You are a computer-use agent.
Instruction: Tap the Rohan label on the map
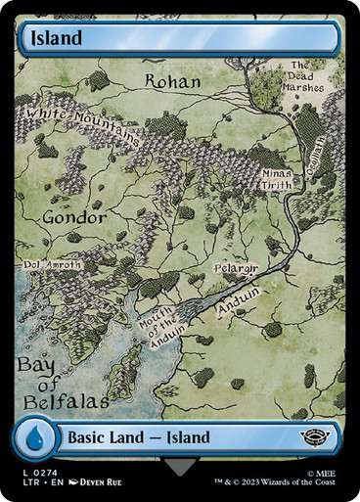[x=172, y=80]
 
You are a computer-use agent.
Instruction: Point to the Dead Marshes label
[x=305, y=75]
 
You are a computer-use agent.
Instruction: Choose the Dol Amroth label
[x=53, y=264]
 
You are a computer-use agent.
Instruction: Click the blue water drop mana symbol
[x=34, y=436]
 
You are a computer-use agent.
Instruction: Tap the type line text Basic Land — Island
[x=141, y=436]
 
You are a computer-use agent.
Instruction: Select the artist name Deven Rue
[x=101, y=482]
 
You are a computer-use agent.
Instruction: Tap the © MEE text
[x=320, y=471]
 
